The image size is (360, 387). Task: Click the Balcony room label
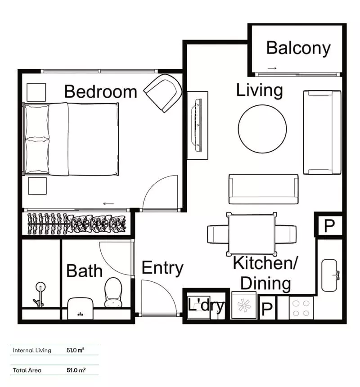[x=298, y=48]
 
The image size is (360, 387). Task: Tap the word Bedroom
[x=100, y=91]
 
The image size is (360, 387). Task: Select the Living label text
[x=260, y=90]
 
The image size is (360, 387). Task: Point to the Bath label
[x=85, y=271]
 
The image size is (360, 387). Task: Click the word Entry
[x=162, y=268]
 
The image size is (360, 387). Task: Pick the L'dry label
[x=206, y=306]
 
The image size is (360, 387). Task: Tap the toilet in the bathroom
[x=113, y=292]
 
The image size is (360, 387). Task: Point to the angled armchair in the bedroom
[x=163, y=93]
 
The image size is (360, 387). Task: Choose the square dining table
[x=252, y=234]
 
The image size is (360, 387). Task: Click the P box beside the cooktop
[x=267, y=309]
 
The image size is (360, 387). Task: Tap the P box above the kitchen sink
[x=329, y=226]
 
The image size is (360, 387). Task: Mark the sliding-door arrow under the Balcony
[x=272, y=68]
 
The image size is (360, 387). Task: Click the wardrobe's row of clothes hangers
[x=77, y=223]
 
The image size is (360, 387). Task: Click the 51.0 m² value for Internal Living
[x=76, y=350]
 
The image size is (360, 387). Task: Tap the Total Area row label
[x=27, y=370]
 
